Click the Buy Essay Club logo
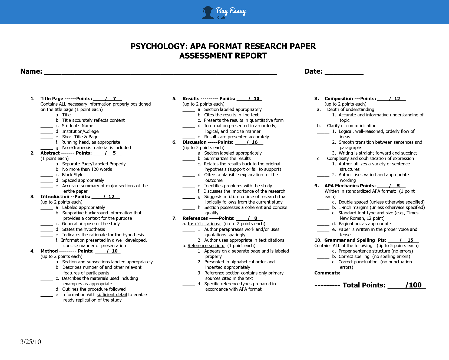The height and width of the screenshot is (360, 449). click(x=224, y=12)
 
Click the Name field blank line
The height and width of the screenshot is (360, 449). click(x=160, y=73)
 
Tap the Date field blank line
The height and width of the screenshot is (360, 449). click(x=344, y=73)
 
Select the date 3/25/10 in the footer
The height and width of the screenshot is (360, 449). click(x=31, y=342)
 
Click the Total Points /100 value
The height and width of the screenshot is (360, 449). click(x=413, y=285)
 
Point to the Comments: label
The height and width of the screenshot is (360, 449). click(x=327, y=273)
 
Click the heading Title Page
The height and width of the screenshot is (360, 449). click(x=52, y=99)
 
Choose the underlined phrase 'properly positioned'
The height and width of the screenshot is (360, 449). click(x=132, y=104)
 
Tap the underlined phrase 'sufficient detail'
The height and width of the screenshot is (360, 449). click(x=112, y=294)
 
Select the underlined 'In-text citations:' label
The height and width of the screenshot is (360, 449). click(x=204, y=224)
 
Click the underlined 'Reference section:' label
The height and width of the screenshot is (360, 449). click(x=206, y=246)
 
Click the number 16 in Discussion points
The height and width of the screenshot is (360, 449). click(x=255, y=142)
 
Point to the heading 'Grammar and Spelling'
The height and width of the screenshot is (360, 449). click(x=349, y=240)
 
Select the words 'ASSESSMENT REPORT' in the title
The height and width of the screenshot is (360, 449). click(x=223, y=56)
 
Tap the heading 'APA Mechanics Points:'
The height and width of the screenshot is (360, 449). click(x=350, y=186)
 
